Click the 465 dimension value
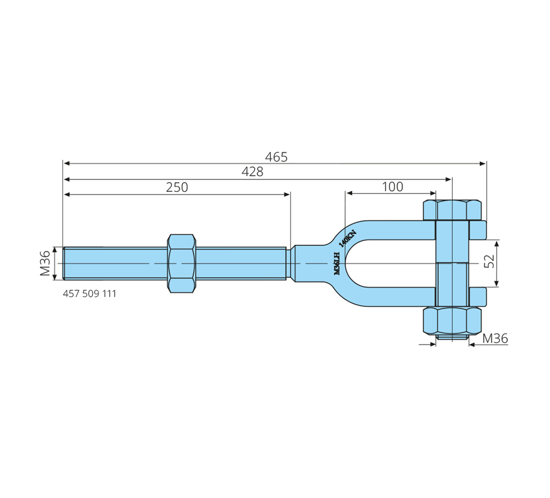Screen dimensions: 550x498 (x=276, y=157)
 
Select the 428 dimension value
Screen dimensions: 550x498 (x=252, y=172)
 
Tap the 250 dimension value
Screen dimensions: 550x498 (x=177, y=188)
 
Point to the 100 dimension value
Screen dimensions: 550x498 (x=392, y=186)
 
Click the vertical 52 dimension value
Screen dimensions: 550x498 (x=489, y=261)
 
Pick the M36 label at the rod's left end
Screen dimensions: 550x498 (x=45, y=263)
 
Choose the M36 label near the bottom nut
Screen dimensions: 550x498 (x=495, y=338)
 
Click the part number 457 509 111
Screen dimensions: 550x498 (x=89, y=294)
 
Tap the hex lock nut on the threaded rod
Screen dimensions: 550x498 (x=181, y=263)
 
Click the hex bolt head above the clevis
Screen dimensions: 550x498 (x=452, y=210)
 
